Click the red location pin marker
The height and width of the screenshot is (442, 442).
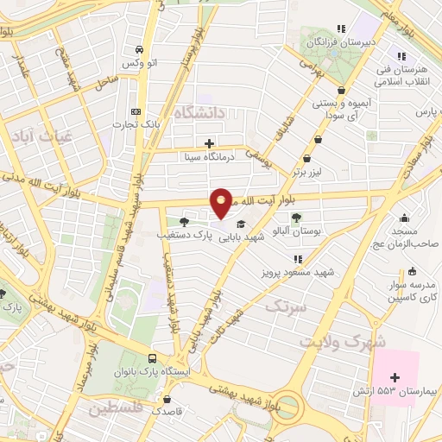(222, 202)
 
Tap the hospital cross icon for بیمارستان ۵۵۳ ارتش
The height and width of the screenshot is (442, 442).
(395, 377)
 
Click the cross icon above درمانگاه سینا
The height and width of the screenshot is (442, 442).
(209, 142)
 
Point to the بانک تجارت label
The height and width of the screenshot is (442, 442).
(136, 125)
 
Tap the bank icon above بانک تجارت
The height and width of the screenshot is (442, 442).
(136, 111)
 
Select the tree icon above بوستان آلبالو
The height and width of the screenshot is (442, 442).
(296, 218)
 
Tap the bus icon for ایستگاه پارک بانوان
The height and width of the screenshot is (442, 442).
(153, 359)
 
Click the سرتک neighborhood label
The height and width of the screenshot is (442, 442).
(285, 306)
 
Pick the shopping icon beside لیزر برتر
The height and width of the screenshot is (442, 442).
(309, 158)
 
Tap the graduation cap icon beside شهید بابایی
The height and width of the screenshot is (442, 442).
(238, 223)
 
